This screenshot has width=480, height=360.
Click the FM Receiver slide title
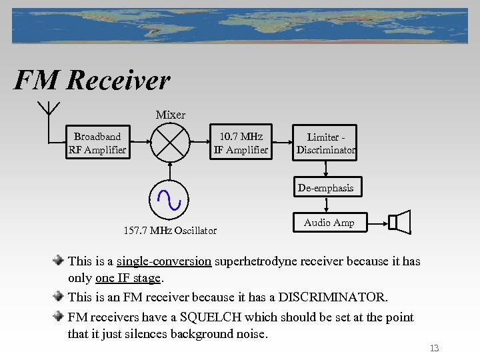pos(92,81)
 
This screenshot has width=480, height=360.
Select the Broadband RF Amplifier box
pos(97,143)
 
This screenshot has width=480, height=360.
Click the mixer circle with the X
pos(170,143)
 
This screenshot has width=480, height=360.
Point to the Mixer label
pos(170,115)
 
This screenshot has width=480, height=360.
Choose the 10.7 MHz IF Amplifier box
pos(241,143)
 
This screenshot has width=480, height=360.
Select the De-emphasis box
pos(326,188)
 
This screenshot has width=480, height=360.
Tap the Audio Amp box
pos(329,223)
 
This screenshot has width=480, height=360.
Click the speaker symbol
pos(400,222)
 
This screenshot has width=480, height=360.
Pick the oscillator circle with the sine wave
pos(170,198)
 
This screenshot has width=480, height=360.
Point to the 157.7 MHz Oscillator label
pos(170,231)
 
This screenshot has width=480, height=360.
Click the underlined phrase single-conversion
pos(164,261)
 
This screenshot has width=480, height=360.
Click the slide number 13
pos(434,348)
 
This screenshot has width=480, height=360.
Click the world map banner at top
pos(240,25)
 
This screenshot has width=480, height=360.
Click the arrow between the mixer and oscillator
pos(170,171)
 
